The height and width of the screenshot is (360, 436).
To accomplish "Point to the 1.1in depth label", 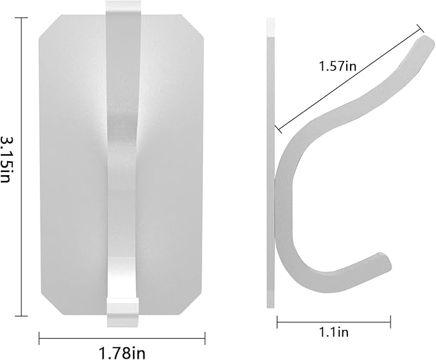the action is [x=334, y=332].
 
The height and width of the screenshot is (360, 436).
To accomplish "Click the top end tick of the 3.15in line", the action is [x=21, y=17].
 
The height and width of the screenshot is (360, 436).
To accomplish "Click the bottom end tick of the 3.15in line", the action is [x=21, y=316].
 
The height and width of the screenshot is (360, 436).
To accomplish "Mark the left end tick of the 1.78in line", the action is [x=39, y=338].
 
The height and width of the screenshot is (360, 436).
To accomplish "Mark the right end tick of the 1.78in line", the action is [x=205, y=338].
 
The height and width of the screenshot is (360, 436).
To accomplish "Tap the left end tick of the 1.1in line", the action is [x=277, y=322].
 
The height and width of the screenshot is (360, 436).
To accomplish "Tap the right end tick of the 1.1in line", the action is [x=390, y=322].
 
